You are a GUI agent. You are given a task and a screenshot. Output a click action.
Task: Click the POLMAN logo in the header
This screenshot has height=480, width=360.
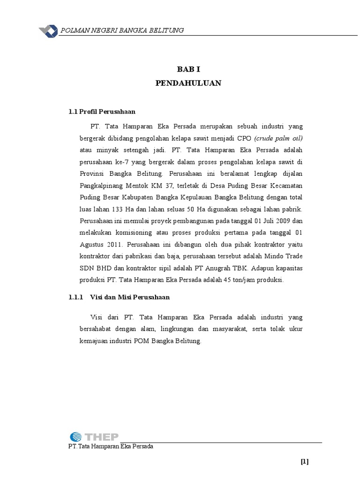tap(48, 30)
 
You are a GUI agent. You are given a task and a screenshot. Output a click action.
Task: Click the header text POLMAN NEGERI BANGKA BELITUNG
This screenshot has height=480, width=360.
tap(122, 31)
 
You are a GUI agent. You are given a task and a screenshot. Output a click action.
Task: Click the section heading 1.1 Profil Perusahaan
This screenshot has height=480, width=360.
tap(102, 112)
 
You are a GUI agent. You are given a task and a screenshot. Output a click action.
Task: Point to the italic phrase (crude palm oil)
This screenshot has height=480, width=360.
tap(279, 138)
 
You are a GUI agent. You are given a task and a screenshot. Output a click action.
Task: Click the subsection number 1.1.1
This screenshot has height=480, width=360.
tap(75, 297)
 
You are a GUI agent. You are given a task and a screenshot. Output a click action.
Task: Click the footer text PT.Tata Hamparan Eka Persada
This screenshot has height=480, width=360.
tap(111, 446)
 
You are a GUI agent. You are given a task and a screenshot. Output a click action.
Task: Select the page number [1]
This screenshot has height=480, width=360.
tap(305, 462)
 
